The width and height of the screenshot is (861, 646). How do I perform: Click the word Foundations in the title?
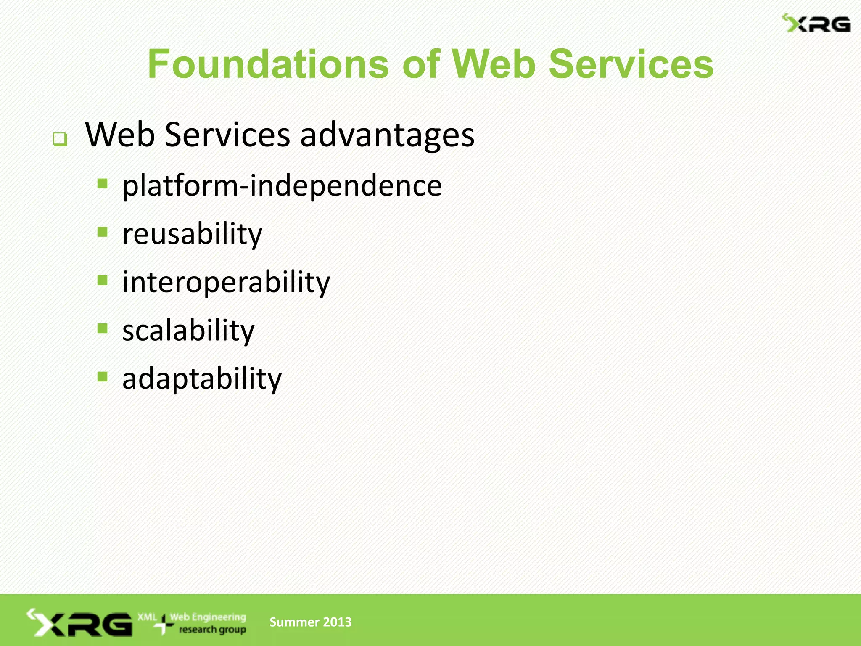[268, 64]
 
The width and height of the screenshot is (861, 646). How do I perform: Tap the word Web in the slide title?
[493, 64]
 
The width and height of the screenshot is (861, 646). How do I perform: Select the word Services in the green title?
[631, 64]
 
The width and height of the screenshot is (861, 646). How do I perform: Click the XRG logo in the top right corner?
[816, 24]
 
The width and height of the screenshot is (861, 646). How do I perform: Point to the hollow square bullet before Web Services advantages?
[60, 139]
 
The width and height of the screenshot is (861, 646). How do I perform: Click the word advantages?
[387, 135]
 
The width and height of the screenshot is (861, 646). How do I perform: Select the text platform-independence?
[282, 185]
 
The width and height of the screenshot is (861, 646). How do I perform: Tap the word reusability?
[192, 234]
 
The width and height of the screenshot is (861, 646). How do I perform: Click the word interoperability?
[226, 282]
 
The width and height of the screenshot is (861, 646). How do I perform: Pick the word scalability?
[188, 331]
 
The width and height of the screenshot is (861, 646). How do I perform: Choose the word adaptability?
[202, 379]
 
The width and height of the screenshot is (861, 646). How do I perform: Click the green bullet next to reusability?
[103, 232]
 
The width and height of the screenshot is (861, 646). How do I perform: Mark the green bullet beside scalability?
[103, 328]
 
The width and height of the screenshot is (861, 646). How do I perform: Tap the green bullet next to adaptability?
[103, 376]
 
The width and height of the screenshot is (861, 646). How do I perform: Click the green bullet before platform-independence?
[103, 184]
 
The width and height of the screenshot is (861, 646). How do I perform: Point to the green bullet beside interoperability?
[103, 280]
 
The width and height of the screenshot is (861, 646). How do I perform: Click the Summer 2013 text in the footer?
[310, 622]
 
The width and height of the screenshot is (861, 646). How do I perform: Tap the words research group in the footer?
[212, 630]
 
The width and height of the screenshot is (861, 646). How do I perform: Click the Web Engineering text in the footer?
[208, 617]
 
